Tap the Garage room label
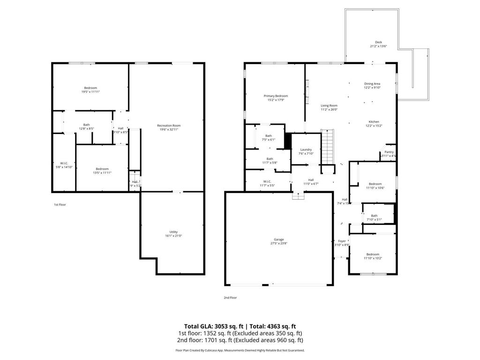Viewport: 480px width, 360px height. (278, 239)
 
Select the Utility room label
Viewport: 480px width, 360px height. (173, 232)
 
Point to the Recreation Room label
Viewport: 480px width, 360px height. (169, 126)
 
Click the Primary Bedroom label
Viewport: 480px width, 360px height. (276, 96)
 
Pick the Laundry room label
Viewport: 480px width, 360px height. (306, 150)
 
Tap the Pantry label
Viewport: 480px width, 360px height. (389, 152)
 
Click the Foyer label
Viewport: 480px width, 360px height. (342, 241)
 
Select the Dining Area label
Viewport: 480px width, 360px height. (372, 84)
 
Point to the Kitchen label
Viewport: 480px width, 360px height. (374, 122)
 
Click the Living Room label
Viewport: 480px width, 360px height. (329, 106)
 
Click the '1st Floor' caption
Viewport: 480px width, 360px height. (59, 204)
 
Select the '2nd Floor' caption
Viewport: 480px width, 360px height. (230, 297)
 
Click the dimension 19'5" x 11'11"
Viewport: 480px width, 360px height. (90, 92)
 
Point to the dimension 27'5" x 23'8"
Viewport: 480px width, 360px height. (278, 243)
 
